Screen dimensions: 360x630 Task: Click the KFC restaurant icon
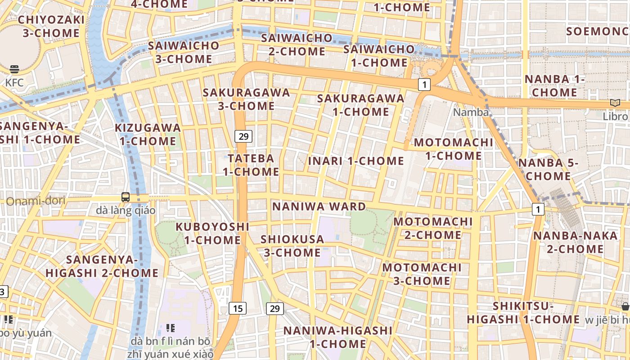pyautogui.click(x=14, y=69)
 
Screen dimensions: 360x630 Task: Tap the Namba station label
pyautogui.click(x=471, y=112)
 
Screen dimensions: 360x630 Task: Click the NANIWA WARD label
pyautogui.click(x=319, y=207)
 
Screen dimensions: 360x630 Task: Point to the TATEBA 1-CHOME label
pyautogui.click(x=251, y=165)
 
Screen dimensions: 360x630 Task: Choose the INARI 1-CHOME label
pyautogui.click(x=356, y=161)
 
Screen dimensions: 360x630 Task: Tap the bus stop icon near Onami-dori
pyautogui.click(x=126, y=197)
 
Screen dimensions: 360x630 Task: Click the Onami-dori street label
pyautogui.click(x=36, y=201)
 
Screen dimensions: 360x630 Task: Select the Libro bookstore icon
pyautogui.click(x=615, y=103)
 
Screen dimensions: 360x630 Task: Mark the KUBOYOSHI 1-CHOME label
pyautogui.click(x=212, y=233)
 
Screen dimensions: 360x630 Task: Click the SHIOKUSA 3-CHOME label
pyautogui.click(x=292, y=246)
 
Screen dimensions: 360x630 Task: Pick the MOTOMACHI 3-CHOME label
pyautogui.click(x=422, y=274)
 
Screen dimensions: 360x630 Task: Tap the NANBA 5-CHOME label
pyautogui.click(x=548, y=169)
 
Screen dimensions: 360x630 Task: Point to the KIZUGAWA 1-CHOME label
pyautogui.click(x=148, y=135)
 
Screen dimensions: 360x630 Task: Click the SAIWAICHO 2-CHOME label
pyautogui.click(x=297, y=45)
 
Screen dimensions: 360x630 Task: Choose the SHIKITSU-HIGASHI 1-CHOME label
pyautogui.click(x=523, y=313)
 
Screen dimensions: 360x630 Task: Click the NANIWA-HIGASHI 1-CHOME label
pyautogui.click(x=337, y=337)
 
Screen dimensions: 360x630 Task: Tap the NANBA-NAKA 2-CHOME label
pyautogui.click(x=575, y=242)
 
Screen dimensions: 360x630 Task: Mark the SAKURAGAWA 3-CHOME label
pyautogui.click(x=246, y=99)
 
